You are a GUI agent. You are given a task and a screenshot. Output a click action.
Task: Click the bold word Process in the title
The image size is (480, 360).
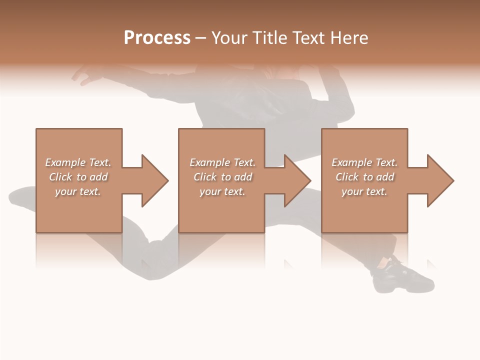pyautogui.click(x=157, y=38)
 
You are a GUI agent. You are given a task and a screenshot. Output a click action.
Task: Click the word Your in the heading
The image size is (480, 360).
pyautogui.click(x=230, y=38)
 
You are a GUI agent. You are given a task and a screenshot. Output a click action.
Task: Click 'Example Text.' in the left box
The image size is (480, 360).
pyautogui.click(x=78, y=162)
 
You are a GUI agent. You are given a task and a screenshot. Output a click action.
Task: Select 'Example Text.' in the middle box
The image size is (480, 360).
pyautogui.click(x=222, y=162)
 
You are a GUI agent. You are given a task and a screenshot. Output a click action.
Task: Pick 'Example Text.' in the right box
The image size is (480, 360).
pyautogui.click(x=364, y=162)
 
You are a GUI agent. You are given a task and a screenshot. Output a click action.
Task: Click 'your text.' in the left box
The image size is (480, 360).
pyautogui.click(x=78, y=191)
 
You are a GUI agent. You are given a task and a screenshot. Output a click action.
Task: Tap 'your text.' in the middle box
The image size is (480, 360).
pyautogui.click(x=222, y=191)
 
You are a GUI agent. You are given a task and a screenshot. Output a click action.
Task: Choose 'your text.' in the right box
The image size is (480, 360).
pyautogui.click(x=364, y=191)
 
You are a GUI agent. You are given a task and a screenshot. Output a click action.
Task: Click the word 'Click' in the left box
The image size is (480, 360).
pyautogui.click(x=60, y=177)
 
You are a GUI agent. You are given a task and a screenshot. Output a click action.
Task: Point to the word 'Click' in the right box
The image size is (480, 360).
pyautogui.click(x=347, y=177)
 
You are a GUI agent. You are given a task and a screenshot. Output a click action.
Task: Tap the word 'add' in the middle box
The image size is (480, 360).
pyautogui.click(x=243, y=177)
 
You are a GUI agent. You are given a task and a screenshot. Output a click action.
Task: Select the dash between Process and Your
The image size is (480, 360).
pyautogui.click(x=200, y=38)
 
